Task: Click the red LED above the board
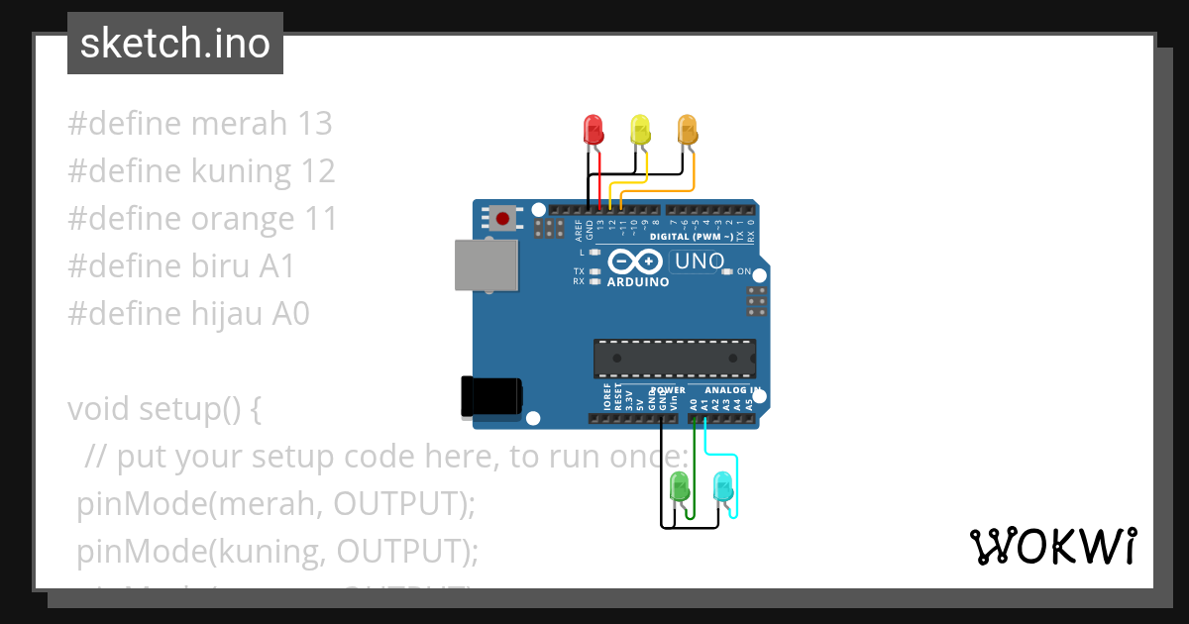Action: click(x=594, y=130)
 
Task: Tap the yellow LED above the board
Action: click(x=640, y=130)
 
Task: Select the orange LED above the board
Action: click(x=687, y=130)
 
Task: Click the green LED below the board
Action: click(x=680, y=486)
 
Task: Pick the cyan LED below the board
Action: click(x=723, y=486)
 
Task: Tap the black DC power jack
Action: click(x=491, y=396)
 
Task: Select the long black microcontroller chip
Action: click(x=674, y=359)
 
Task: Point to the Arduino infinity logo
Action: click(x=634, y=261)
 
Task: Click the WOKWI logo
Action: click(x=1052, y=546)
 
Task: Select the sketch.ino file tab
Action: click(x=175, y=44)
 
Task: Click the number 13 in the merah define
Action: click(x=314, y=124)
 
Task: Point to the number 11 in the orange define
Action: click(x=318, y=219)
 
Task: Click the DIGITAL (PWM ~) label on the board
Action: click(x=692, y=238)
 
